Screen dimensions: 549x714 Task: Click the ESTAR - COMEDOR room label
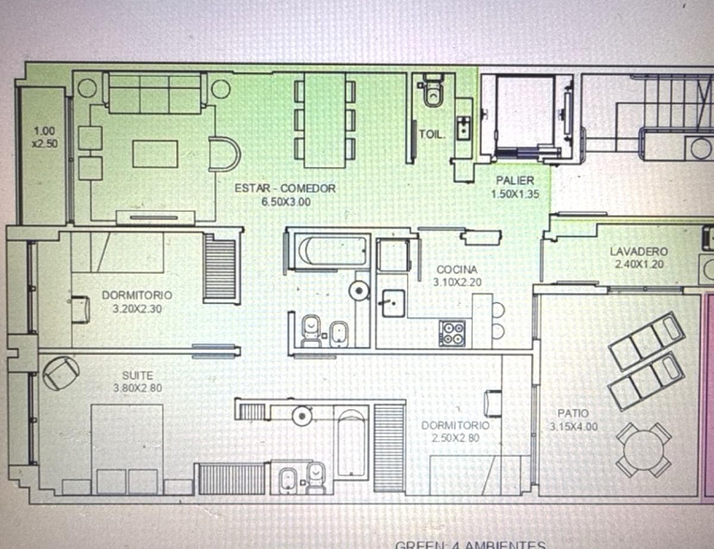[285, 189]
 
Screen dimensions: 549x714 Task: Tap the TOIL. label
[431, 134]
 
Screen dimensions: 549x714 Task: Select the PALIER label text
[515, 181]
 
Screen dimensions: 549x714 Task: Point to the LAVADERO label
[639, 252]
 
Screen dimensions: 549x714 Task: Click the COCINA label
[456, 270]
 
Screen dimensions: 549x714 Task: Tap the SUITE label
[137, 376]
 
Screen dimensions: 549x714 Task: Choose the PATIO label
[573, 413]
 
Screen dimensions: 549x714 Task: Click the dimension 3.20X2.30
[137, 309]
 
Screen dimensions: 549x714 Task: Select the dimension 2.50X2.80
[455, 438]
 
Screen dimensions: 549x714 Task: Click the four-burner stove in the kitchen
[452, 333]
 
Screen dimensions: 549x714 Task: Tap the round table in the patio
[644, 449]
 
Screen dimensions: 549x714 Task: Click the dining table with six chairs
[325, 120]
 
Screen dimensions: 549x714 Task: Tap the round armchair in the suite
[61, 372]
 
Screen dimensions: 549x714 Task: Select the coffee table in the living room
[155, 154]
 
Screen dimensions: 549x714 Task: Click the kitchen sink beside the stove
[392, 303]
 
